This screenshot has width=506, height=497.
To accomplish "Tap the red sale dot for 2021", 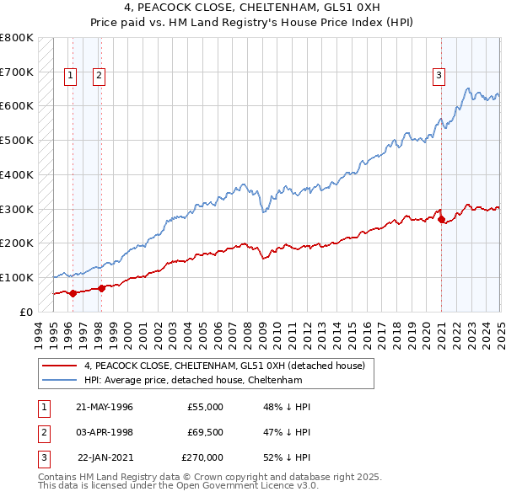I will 441,219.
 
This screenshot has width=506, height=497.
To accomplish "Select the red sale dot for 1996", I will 73,293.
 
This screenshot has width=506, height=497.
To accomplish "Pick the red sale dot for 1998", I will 101,288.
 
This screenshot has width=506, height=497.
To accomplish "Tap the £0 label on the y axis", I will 25,312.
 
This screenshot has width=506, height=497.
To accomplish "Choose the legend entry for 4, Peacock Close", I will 223,366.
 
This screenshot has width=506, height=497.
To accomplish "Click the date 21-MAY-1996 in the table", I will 105,407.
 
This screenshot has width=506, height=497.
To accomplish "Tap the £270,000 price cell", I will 202,457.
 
